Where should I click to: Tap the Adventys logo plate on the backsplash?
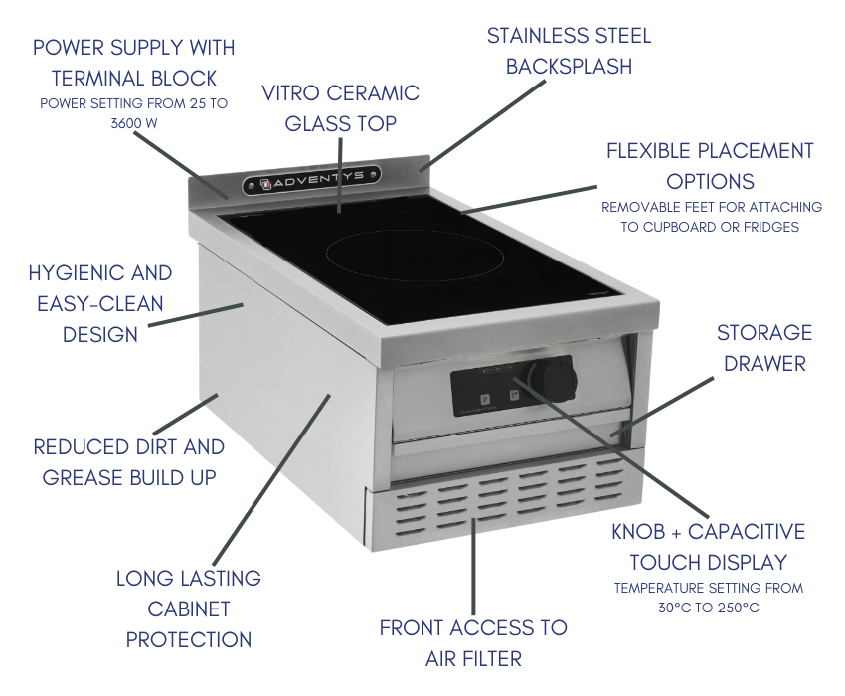tap(311, 180)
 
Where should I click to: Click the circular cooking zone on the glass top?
tap(415, 258)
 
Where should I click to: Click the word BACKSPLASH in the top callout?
tap(569, 67)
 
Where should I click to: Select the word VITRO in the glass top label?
tap(292, 93)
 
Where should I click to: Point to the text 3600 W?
tap(134, 123)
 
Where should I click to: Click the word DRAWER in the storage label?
tap(764, 364)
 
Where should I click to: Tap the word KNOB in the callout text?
tap(638, 532)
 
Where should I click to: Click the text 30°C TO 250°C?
tap(709, 608)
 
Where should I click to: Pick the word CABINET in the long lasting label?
tap(189, 609)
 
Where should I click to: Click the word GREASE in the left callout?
tap(79, 477)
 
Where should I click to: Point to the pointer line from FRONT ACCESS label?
tap(473, 566)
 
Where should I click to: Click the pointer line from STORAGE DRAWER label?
tap(662, 407)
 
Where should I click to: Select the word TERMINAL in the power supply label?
tap(98, 79)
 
